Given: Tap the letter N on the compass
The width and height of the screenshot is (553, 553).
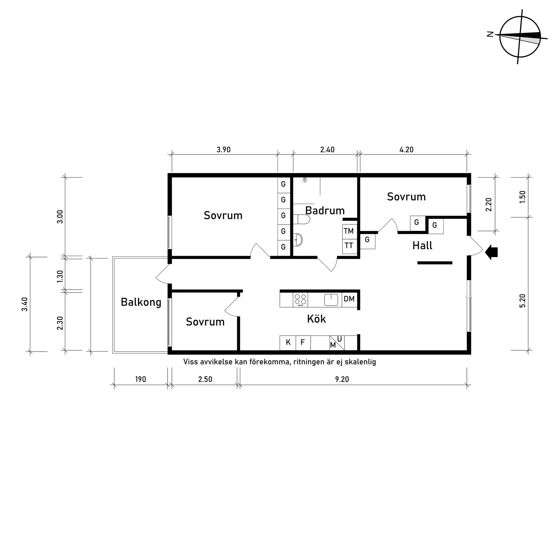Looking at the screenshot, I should pos(490,34).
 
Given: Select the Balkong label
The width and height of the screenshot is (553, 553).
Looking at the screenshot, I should pos(141,302).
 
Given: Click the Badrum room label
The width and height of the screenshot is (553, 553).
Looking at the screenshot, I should pos(325,210).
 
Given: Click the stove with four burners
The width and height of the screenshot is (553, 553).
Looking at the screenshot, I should pos(300,299).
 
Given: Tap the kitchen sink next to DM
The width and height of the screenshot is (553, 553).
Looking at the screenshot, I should pos(331,299).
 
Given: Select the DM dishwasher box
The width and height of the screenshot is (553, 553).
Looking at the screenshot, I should pos(349,299).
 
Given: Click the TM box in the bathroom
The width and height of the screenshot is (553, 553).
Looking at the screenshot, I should pos(349,231).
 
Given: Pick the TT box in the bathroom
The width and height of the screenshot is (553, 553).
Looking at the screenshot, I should pos(349,246).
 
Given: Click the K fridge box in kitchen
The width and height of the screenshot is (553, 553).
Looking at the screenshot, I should pos(288,343).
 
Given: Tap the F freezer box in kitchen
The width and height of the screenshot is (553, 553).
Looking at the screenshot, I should pos(303,343).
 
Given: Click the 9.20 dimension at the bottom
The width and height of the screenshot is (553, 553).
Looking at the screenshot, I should pos(342,379).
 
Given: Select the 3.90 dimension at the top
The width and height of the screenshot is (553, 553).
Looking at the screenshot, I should pos(224,150).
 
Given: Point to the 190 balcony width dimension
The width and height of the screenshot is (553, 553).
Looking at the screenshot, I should pos(140,379).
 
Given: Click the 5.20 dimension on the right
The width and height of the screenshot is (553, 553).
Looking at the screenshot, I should pos(523,301).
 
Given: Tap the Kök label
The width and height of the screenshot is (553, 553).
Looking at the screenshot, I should pos(316,319).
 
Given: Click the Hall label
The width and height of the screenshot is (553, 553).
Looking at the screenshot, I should pos(422,246).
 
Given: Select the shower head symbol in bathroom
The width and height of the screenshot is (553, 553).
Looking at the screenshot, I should pos(305,180).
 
